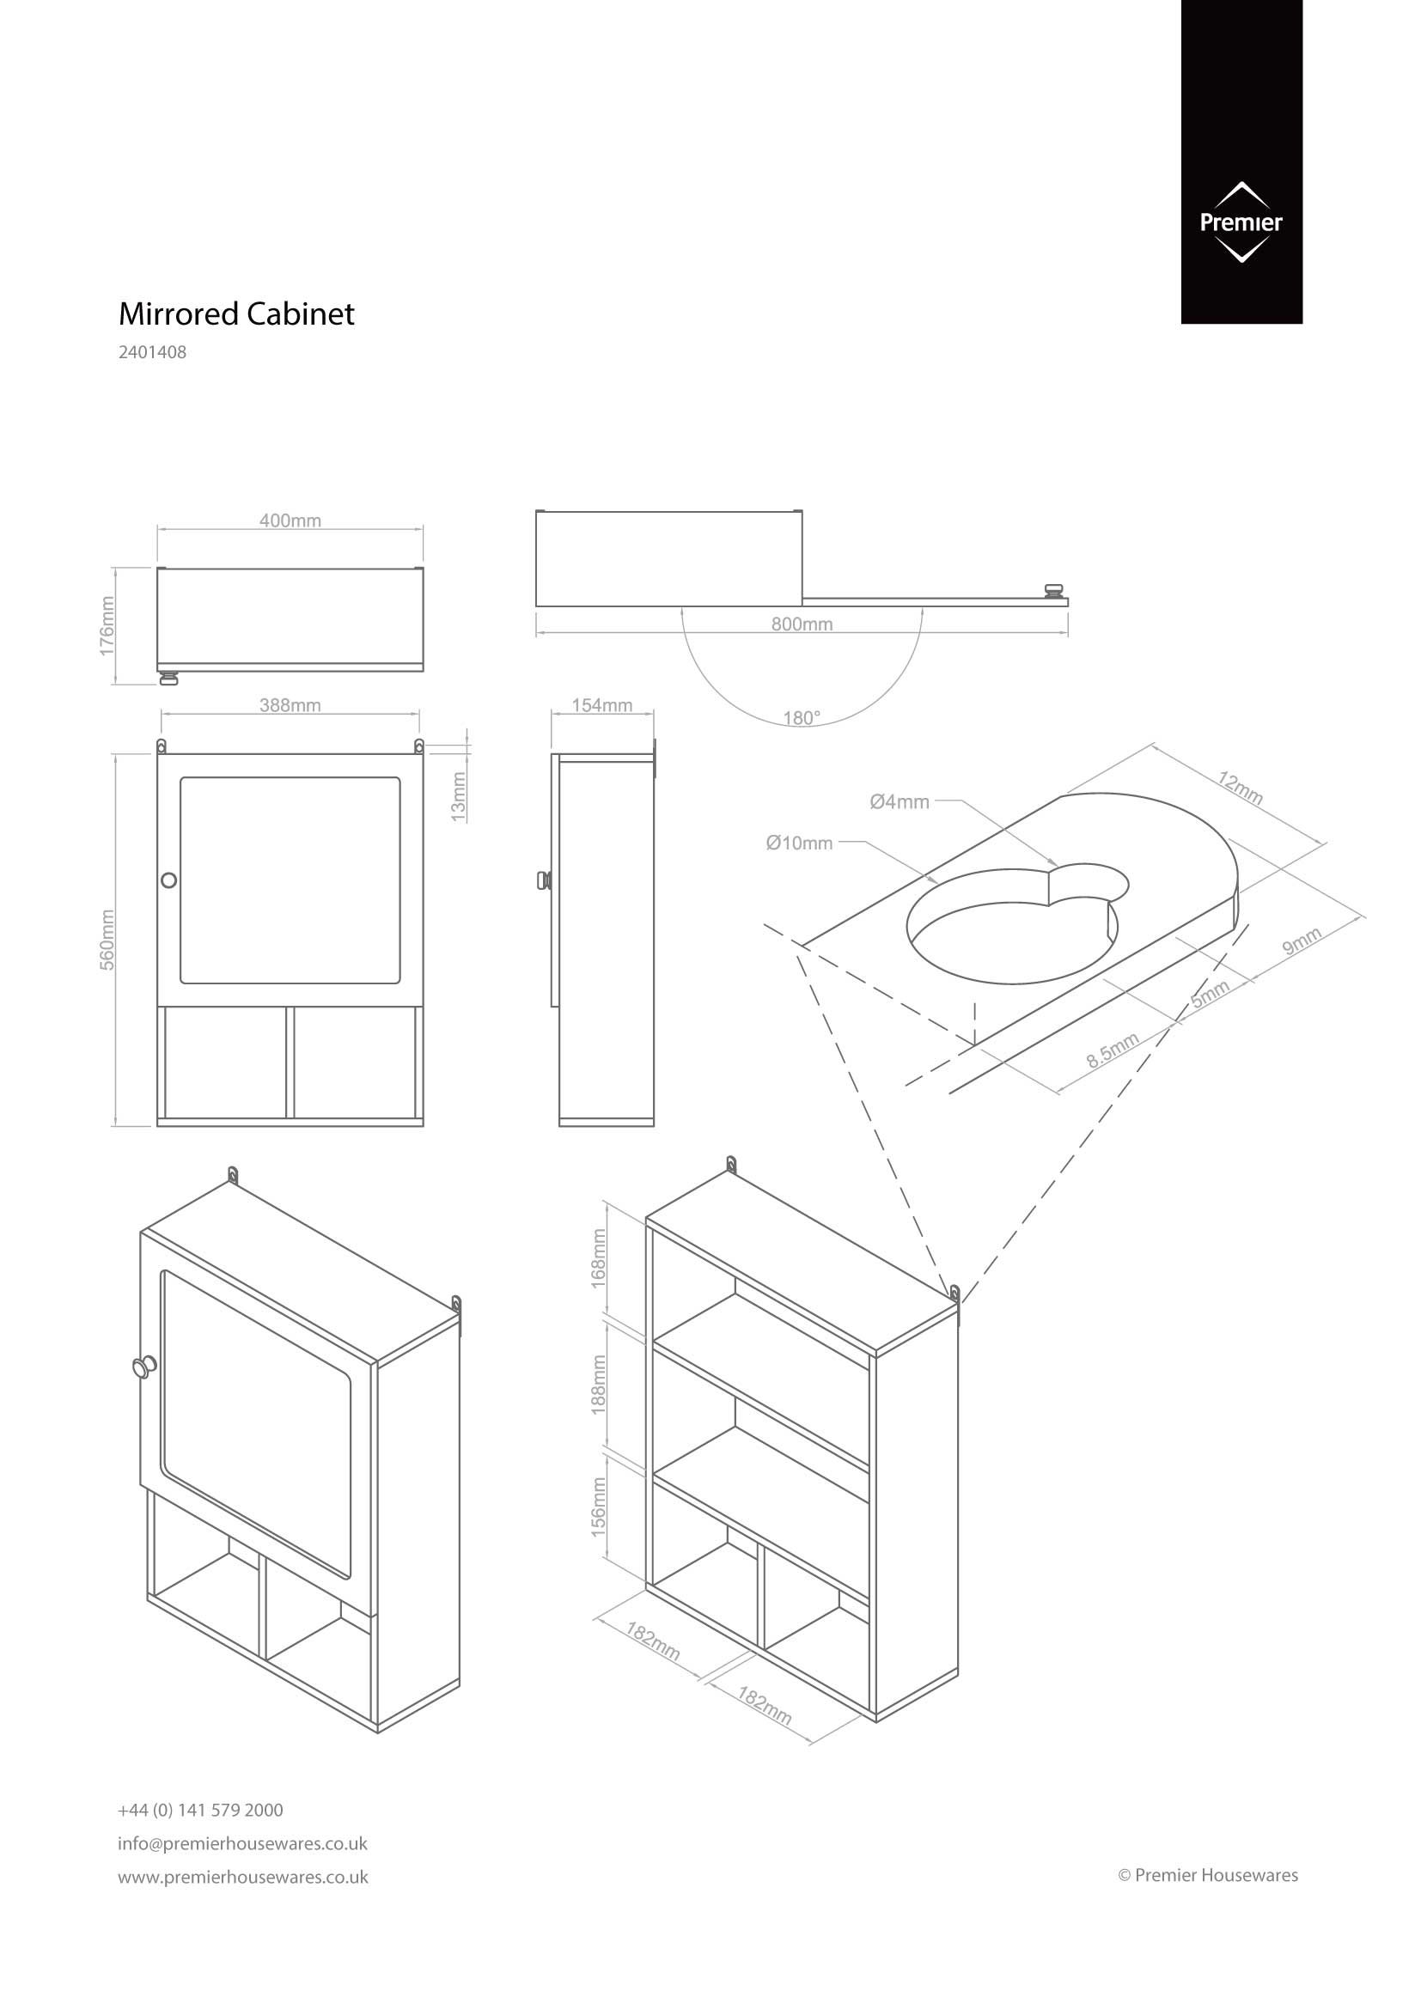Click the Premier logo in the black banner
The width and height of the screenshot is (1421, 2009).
click(x=1241, y=222)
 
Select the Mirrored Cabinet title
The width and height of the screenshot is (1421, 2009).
click(x=236, y=314)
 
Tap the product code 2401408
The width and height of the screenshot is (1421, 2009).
click(x=152, y=354)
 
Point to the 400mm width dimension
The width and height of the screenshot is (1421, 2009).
click(x=290, y=521)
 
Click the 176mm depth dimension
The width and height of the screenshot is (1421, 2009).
click(x=107, y=625)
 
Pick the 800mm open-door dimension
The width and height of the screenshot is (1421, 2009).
click(x=802, y=624)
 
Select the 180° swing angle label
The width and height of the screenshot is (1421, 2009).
click(x=802, y=718)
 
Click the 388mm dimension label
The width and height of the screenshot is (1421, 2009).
click(x=290, y=705)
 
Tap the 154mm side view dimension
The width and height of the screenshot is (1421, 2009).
click(x=602, y=705)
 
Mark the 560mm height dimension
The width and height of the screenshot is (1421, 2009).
click(x=107, y=939)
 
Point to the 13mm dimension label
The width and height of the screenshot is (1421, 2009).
click(x=459, y=796)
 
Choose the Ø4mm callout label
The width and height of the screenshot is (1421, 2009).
click(x=900, y=801)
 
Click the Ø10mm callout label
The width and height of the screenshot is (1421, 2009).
click(x=799, y=843)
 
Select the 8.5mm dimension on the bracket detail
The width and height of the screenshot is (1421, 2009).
click(x=1113, y=1050)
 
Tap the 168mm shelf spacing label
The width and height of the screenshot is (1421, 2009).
click(x=600, y=1257)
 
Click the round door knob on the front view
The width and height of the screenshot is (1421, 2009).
click(x=169, y=880)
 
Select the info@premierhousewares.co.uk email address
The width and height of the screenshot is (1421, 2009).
click(x=242, y=1843)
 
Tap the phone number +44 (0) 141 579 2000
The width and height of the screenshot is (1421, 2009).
click(x=200, y=1810)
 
